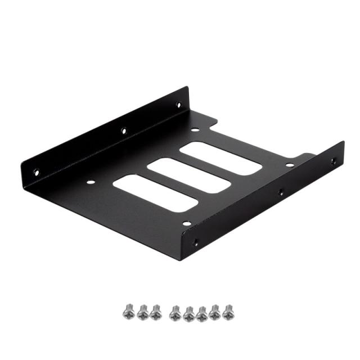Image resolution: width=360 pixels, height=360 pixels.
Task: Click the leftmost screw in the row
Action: (127, 310)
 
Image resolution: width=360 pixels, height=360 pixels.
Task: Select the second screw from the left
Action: (142, 310)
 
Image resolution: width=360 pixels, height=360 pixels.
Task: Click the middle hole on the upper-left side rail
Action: (124, 131)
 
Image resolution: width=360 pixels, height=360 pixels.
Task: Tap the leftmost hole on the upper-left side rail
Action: (37, 172)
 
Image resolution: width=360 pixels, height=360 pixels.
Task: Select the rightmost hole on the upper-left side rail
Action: (179, 105)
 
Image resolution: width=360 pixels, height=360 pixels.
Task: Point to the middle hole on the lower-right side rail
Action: (281, 192)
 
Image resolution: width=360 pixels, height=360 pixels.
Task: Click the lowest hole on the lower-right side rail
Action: (196, 242)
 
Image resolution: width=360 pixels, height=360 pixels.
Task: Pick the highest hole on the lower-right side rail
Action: (334, 161)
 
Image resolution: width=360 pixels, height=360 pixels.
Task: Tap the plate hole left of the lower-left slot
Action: (90, 182)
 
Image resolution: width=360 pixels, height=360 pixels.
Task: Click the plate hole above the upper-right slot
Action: (194, 130)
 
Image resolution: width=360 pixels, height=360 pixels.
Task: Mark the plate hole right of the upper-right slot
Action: (289, 165)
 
